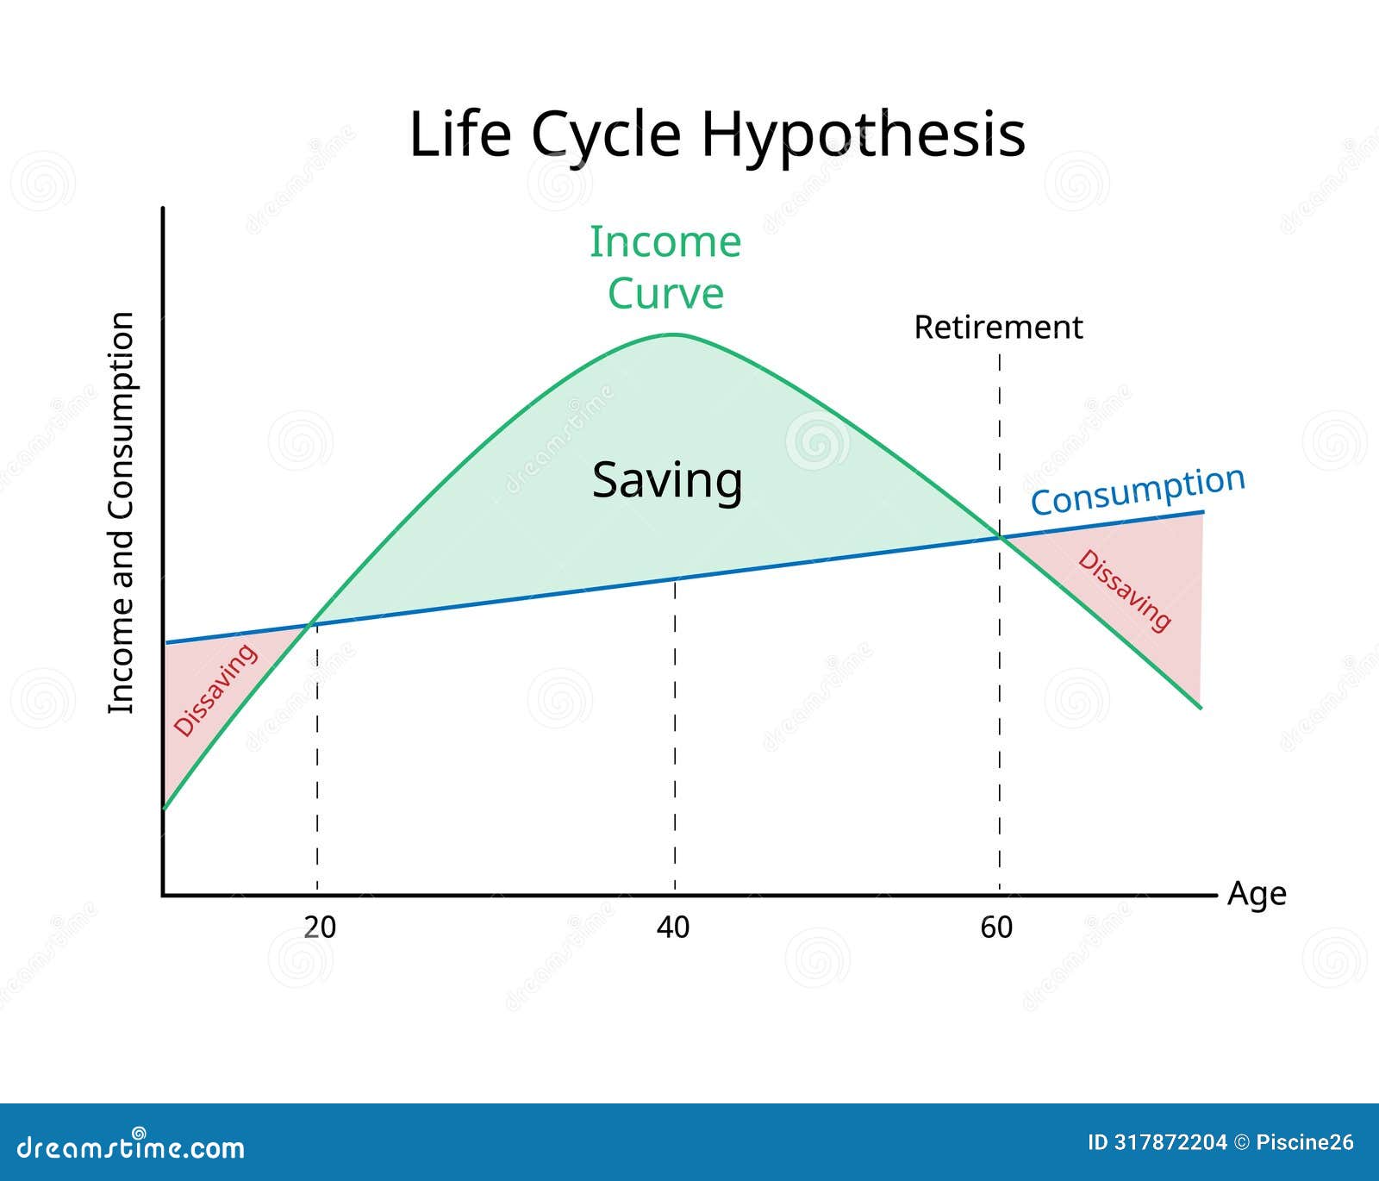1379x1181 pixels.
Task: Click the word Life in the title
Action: (459, 135)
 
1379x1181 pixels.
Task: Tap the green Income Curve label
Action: (665, 267)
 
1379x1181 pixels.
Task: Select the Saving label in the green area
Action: (667, 480)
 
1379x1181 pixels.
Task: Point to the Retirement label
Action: (998, 328)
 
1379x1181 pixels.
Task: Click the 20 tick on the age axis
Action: (320, 928)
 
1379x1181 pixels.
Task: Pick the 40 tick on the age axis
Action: (673, 928)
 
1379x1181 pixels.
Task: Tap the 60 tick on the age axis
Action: (996, 928)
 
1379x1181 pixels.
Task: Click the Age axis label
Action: (1257, 894)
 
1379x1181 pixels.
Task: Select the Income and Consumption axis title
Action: (121, 513)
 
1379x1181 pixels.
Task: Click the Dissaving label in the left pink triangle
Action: (215, 690)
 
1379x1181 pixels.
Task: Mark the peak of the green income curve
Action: (675, 334)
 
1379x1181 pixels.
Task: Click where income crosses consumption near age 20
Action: (312, 623)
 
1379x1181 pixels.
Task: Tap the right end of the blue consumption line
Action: (1202, 513)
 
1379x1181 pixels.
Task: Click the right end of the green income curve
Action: (1201, 708)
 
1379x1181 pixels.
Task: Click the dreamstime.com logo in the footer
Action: (131, 1147)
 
